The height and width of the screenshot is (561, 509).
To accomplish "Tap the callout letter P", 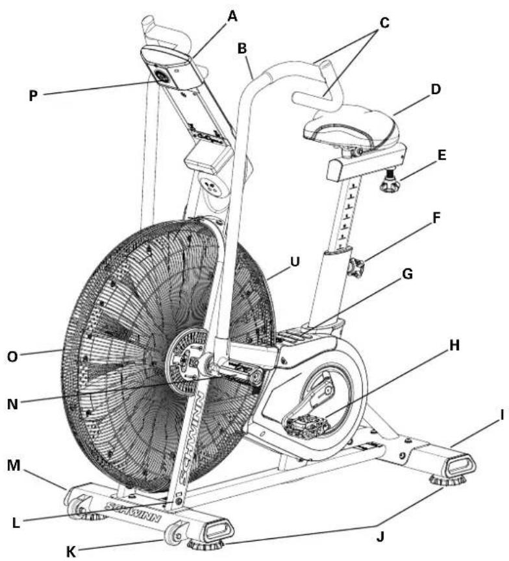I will (34, 95).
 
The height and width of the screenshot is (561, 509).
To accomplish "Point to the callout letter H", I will (454, 345).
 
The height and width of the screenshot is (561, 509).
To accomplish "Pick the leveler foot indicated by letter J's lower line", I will (214, 545).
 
